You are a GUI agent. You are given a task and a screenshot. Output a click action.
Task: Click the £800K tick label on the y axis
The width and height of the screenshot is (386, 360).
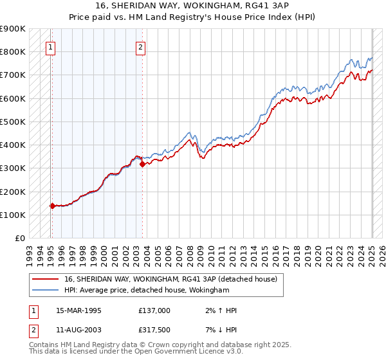[x=13, y=51]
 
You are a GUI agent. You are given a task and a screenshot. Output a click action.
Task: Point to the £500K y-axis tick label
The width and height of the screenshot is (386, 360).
[x=13, y=122]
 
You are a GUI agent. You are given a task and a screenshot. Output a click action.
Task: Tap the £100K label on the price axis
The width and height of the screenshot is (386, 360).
[x=13, y=215]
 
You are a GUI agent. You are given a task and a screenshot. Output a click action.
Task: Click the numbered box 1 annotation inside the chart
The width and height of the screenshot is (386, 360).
[x=50, y=46]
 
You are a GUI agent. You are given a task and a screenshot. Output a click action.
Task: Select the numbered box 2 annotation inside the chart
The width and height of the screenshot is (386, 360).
[x=140, y=46]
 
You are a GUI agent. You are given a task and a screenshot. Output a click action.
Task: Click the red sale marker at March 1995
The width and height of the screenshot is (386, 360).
[x=53, y=206]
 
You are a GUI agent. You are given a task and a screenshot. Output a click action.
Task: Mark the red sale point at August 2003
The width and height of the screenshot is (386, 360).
[x=142, y=164]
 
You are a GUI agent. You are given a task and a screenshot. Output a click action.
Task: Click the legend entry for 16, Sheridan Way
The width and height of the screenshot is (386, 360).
[x=170, y=279]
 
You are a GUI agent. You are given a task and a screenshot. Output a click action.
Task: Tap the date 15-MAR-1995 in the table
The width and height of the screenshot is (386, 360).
[x=78, y=310]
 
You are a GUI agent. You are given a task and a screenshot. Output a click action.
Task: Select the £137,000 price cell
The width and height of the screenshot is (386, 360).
[x=154, y=310]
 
